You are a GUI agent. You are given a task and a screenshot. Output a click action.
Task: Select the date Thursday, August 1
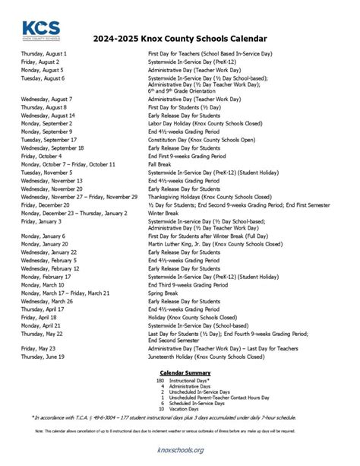coord(44,55)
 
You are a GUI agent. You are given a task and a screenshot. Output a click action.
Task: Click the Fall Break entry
coord(161,164)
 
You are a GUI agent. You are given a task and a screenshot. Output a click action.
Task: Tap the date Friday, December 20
coord(45,204)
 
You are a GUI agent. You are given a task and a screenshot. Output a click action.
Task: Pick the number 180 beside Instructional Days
coord(159,380)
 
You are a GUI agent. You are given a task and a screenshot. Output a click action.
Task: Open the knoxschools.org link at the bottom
coord(180,450)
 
